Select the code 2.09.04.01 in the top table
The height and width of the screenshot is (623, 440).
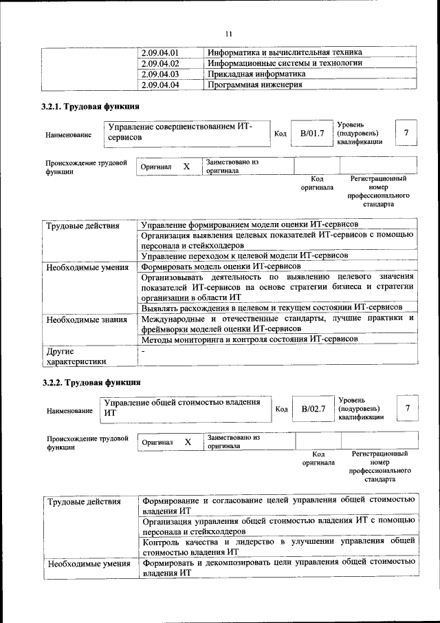(x=160, y=52)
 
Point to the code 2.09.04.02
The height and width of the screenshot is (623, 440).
(x=160, y=63)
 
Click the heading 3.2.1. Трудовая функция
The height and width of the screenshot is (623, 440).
(x=90, y=107)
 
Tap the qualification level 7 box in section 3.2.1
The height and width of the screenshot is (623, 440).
(x=406, y=132)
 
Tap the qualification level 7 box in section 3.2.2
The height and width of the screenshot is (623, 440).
(x=408, y=408)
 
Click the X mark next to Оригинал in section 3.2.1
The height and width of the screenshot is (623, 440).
(x=186, y=167)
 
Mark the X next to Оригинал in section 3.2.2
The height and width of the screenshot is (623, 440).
(x=188, y=441)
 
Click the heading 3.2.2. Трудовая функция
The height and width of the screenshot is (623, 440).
(x=91, y=382)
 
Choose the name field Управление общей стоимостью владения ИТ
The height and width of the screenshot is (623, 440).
(x=186, y=408)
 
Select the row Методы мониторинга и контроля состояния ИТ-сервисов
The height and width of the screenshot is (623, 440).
(x=249, y=340)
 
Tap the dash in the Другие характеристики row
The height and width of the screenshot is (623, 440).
(x=143, y=351)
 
